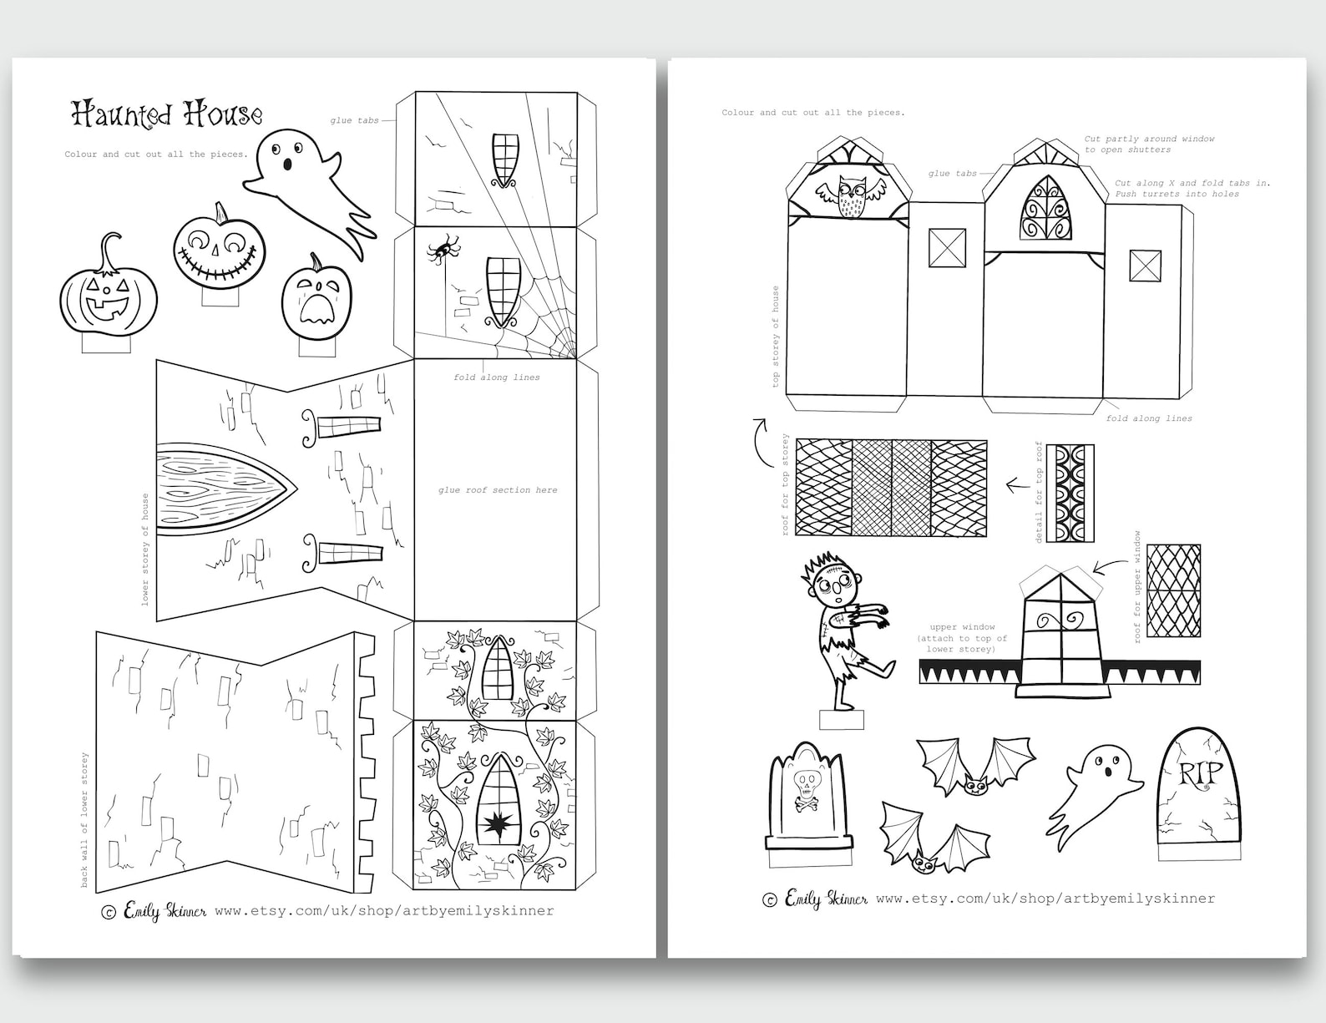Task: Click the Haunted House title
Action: [167, 114]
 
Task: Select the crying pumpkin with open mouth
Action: [316, 298]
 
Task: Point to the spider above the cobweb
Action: [443, 247]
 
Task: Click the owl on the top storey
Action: [849, 197]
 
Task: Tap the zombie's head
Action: [830, 581]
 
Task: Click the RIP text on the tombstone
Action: [1199, 774]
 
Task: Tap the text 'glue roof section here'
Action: [498, 490]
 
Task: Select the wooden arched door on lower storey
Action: [221, 486]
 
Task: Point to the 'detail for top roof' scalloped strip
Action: [1070, 494]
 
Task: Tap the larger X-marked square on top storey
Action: [947, 248]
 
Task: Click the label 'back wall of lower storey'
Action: [84, 819]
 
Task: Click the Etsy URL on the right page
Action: [1045, 899]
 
